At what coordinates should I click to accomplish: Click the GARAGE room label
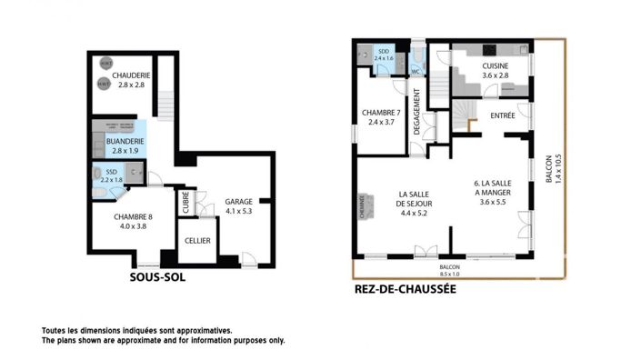pos(239,206)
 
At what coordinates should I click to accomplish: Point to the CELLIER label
pos(198,241)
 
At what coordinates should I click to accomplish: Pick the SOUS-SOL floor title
pos(157,277)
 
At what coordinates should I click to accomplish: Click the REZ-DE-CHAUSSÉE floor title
pos(404,290)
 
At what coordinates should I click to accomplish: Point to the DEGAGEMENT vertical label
pos(416,112)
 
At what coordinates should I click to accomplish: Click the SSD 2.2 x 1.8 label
pos(112,175)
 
